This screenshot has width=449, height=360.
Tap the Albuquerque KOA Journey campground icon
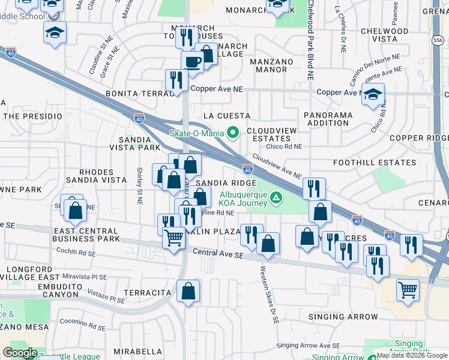click(x=276, y=197)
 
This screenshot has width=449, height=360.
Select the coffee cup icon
click(x=193, y=62)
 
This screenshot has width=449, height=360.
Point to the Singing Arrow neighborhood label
click(x=343, y=317)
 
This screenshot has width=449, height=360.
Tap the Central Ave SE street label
click(x=218, y=255)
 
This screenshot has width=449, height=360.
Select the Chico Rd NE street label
click(x=285, y=146)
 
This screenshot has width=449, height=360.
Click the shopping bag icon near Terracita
click(x=188, y=292)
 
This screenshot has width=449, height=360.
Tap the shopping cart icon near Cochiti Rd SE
click(x=173, y=238)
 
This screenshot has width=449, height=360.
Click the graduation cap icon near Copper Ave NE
click(x=373, y=95)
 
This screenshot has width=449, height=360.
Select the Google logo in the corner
click(x=20, y=353)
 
